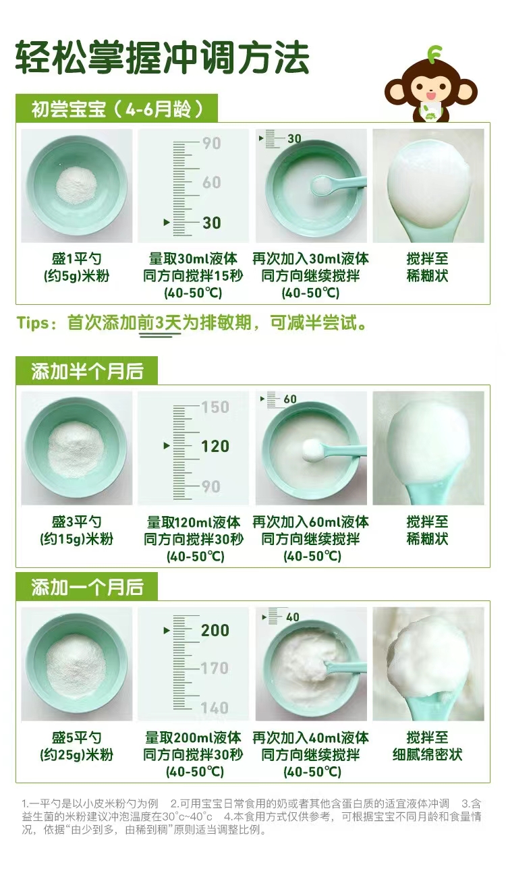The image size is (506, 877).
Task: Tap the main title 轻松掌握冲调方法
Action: pyautogui.click(x=162, y=57)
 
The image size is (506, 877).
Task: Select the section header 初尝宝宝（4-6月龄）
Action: pyautogui.click(x=117, y=109)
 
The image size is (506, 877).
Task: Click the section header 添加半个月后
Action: pyautogui.click(x=87, y=371)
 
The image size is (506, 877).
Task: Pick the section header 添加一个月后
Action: pyautogui.click(x=87, y=588)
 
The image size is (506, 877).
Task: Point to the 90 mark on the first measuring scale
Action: pyautogui.click(x=211, y=143)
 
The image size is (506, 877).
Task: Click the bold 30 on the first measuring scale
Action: pyautogui.click(x=211, y=223)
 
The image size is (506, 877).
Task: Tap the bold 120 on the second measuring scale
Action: pyautogui.click(x=215, y=446)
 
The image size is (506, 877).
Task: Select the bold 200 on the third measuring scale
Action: pyautogui.click(x=215, y=630)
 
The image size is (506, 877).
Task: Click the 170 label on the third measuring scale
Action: pyautogui.click(x=215, y=668)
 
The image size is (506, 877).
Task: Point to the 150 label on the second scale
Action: pyautogui.click(x=215, y=407)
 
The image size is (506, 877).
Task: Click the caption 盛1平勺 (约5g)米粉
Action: pyautogui.click(x=76, y=267)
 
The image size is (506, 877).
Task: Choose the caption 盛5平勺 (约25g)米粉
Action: pyautogui.click(x=76, y=746)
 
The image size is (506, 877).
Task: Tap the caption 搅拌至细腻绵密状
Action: pyautogui.click(x=427, y=746)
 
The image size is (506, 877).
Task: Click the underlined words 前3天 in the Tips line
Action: pyautogui.click(x=159, y=323)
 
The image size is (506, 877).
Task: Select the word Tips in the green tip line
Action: pyautogui.click(x=33, y=323)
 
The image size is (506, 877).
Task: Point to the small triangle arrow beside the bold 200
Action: pyautogui.click(x=167, y=630)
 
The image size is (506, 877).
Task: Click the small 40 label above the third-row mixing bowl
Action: pyautogui.click(x=293, y=617)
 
